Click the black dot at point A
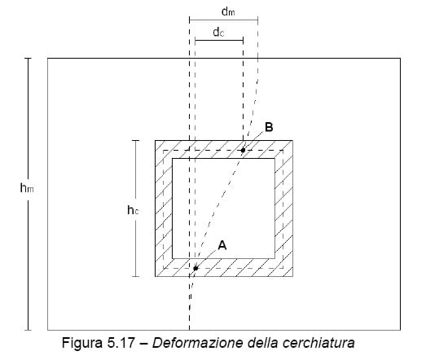pos(195,269)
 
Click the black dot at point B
pos(243,150)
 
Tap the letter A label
pos(222,245)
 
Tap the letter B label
pos(269,127)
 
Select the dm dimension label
pos(228,11)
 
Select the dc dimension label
pos(218,32)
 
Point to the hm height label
pos(27,188)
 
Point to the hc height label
pos(133,210)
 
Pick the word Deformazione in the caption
pos(197,343)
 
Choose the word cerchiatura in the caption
pos(318,343)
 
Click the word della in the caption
pos(263,343)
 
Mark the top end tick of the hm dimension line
pos(28,58)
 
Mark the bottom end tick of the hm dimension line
pos(28,330)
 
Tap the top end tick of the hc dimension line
pos(135,140)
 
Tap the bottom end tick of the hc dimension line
pos(135,276)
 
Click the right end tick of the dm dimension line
pos(257,20)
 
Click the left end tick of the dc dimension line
pos(195,41)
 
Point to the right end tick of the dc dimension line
pos(243,41)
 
